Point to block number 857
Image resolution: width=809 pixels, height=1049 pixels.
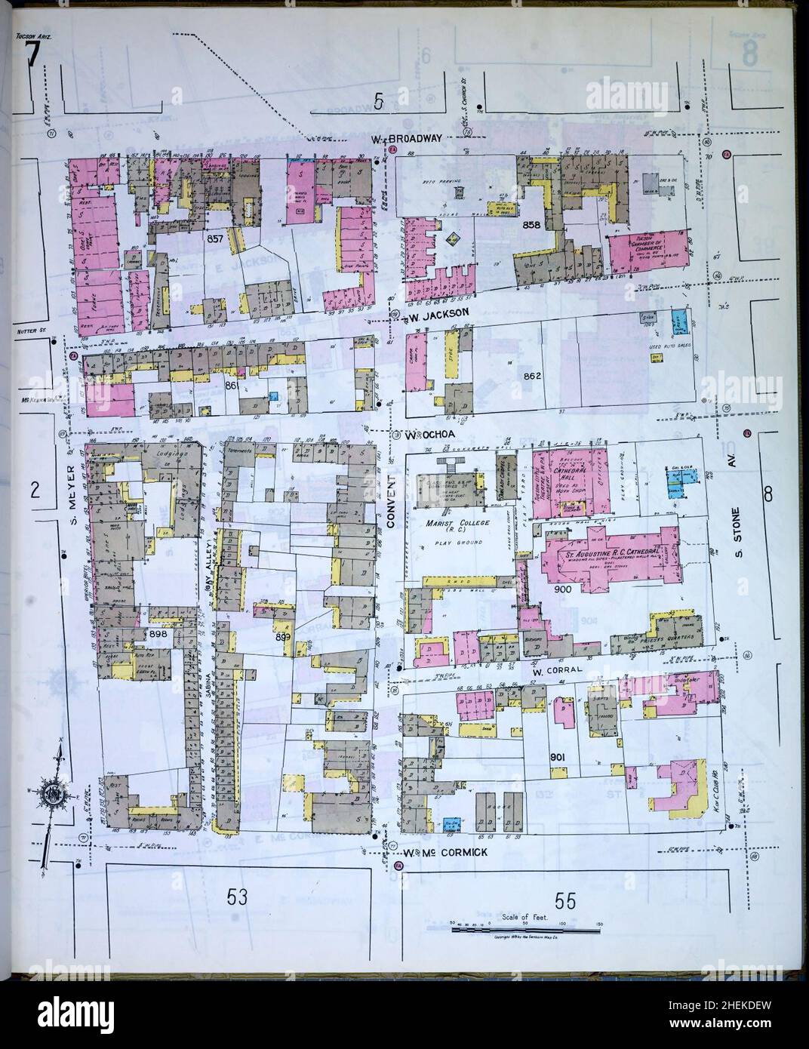pyautogui.click(x=215, y=238)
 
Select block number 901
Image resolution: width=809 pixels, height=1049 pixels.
pyautogui.click(x=558, y=756)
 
